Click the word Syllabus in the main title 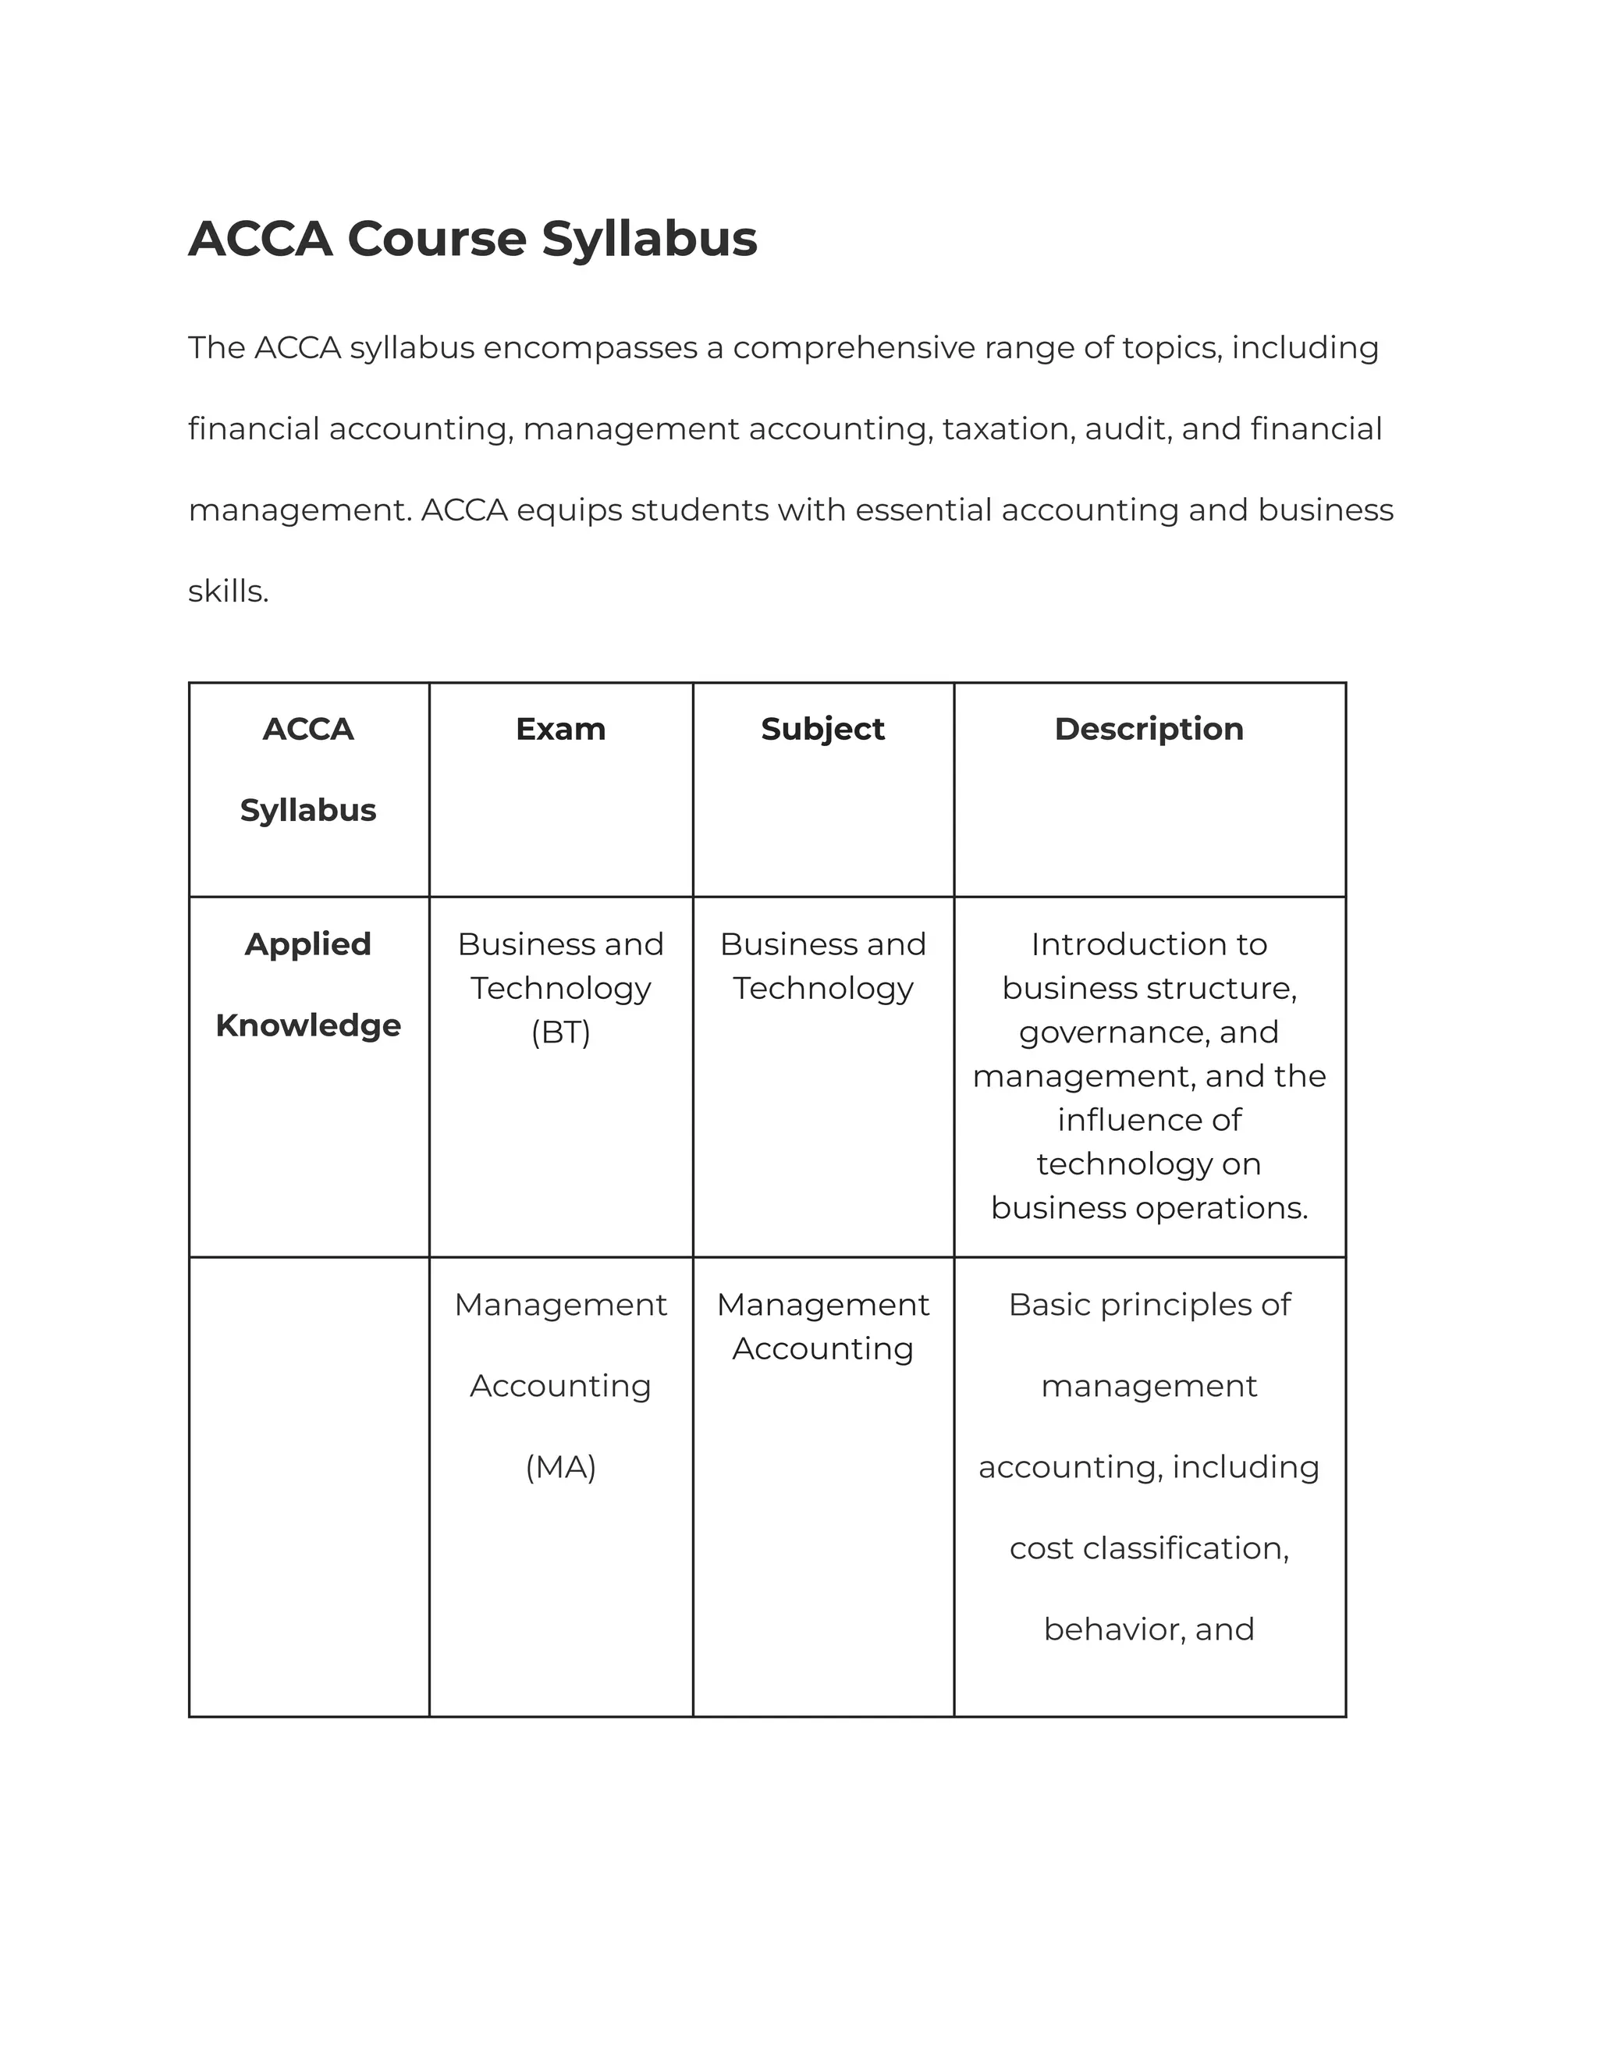click(649, 239)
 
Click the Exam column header click(560, 729)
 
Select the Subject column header click(822, 729)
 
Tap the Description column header click(1149, 729)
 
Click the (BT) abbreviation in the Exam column click(560, 1032)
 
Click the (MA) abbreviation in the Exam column click(560, 1467)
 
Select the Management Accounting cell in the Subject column click(822, 1327)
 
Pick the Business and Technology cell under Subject click(822, 966)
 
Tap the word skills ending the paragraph click(228, 592)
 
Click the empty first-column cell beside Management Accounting click(309, 1487)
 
